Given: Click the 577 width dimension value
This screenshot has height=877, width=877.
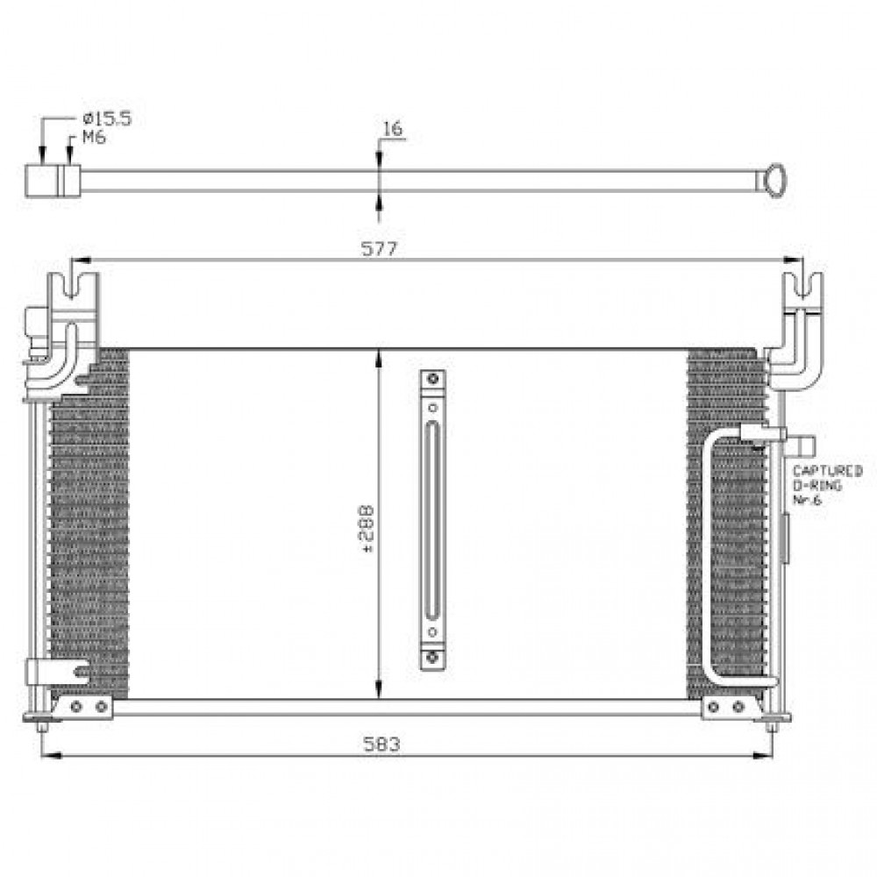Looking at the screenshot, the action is pyautogui.click(x=379, y=248).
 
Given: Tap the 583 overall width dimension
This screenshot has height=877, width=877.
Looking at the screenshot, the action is pyautogui.click(x=381, y=745).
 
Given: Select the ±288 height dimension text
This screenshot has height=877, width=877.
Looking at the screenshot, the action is pyautogui.click(x=366, y=529).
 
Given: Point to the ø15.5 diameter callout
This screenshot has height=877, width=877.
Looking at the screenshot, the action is pyautogui.click(x=107, y=118).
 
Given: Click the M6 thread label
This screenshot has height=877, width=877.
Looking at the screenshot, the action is pyautogui.click(x=94, y=137).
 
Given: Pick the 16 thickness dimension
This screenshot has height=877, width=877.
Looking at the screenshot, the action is pyautogui.click(x=392, y=129).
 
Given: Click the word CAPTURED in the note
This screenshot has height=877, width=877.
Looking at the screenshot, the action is pyautogui.click(x=827, y=471).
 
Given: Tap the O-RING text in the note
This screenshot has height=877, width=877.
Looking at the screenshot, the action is pyautogui.click(x=817, y=486).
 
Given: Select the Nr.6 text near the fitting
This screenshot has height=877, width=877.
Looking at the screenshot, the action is pyautogui.click(x=807, y=500).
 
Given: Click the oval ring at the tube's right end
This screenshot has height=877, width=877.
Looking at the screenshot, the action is pyautogui.click(x=775, y=180).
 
